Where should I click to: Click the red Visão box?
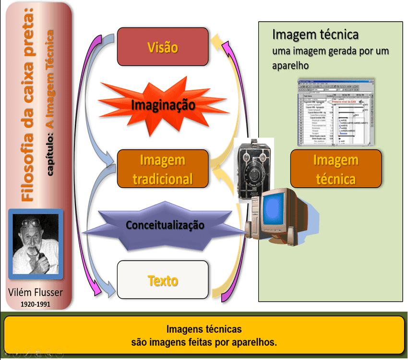click(x=163, y=47)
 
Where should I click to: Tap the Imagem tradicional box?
click(x=163, y=169)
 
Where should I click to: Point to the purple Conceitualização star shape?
click(x=165, y=225)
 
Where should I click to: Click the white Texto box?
click(x=163, y=280)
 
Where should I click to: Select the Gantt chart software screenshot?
click(x=336, y=112)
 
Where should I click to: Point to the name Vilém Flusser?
click(x=36, y=293)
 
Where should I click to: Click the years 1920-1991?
click(x=36, y=304)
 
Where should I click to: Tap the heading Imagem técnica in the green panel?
click(x=315, y=35)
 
